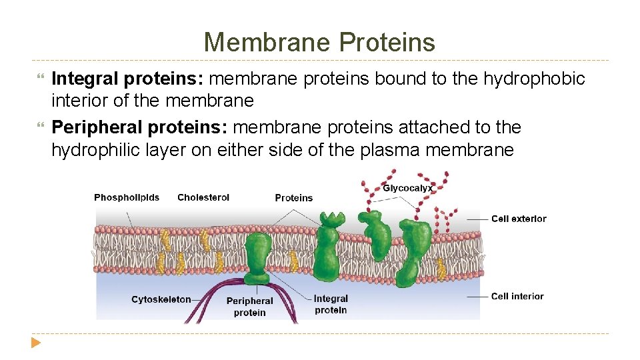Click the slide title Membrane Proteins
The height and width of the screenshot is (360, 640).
click(x=319, y=42)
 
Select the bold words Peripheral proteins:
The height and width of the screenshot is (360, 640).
click(x=140, y=127)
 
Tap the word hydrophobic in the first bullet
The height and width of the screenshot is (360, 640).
click(x=534, y=79)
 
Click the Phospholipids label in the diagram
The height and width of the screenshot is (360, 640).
click(x=127, y=197)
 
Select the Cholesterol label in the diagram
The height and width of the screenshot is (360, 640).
click(x=203, y=197)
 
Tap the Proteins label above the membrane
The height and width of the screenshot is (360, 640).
click(x=293, y=198)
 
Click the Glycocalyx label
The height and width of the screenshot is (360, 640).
click(x=407, y=189)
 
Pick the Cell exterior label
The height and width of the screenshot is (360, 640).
click(x=519, y=219)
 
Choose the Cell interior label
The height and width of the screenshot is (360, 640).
click(x=517, y=296)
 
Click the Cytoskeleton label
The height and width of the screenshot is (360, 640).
click(x=161, y=299)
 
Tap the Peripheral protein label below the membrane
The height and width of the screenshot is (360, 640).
click(x=249, y=307)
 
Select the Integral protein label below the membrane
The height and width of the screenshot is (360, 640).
click(x=331, y=304)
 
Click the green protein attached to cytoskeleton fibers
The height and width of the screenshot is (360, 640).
click(x=257, y=257)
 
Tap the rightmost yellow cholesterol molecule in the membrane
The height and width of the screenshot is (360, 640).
click(x=441, y=269)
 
